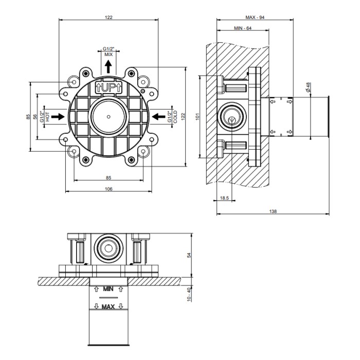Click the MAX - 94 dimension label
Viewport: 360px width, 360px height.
click(x=255, y=17)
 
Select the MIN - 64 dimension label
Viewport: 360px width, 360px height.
click(x=243, y=28)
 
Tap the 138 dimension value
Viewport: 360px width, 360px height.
click(x=273, y=211)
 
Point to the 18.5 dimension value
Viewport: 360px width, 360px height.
click(x=224, y=198)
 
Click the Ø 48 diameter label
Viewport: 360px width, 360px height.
click(x=308, y=87)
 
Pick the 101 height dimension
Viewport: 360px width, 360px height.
click(x=197, y=116)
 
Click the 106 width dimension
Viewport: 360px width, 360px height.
click(x=109, y=189)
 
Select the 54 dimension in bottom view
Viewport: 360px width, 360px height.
click(x=189, y=255)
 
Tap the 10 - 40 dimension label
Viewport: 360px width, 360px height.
click(x=189, y=294)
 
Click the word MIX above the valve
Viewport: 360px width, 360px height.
click(x=109, y=55)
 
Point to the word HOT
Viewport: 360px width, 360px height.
click(x=47, y=117)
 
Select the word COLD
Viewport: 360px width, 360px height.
click(x=175, y=117)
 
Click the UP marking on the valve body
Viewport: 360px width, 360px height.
click(x=109, y=87)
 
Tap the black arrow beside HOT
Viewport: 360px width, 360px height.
click(x=58, y=117)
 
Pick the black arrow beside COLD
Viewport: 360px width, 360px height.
click(x=158, y=117)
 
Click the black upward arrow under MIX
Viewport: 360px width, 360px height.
click(x=109, y=66)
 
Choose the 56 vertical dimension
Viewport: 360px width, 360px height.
click(x=35, y=117)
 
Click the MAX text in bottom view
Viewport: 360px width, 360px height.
click(x=108, y=307)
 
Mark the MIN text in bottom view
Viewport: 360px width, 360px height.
click(x=108, y=289)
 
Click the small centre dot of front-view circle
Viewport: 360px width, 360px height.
click(x=109, y=117)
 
